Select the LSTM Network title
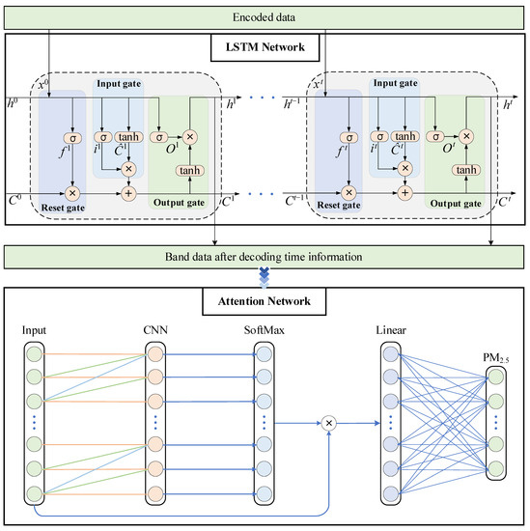coord(265,46)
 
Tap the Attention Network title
coord(265,300)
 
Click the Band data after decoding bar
coord(265,257)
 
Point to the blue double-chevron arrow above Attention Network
coord(265,278)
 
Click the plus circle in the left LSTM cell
coord(128,192)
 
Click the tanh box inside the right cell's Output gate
coord(466,170)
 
